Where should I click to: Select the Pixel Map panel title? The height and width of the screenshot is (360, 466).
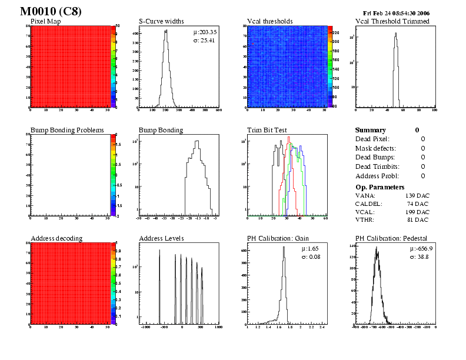49,21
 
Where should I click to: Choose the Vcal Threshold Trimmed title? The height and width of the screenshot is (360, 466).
392,21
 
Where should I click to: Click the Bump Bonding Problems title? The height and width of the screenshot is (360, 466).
67,130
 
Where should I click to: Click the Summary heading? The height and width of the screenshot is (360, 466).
371,130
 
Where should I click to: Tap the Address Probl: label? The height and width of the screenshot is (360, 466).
377,176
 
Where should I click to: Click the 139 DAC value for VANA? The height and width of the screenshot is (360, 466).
417,195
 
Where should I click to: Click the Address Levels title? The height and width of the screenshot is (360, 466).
161,238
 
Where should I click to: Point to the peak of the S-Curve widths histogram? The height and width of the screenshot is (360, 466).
166,32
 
